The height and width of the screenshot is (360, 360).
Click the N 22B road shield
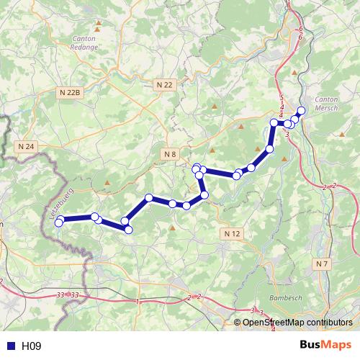[x=71, y=92]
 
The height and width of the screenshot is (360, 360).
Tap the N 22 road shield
[x=165, y=84]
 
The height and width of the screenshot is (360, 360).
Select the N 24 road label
[x=26, y=146]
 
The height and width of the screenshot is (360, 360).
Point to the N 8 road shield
[x=170, y=153]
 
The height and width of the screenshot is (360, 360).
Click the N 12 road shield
[x=231, y=234]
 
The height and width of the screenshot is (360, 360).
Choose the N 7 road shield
[x=322, y=264]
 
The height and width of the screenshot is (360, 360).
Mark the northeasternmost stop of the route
[x=302, y=110]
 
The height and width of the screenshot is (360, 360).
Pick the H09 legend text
[x=31, y=346]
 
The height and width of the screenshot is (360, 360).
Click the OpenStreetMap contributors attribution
[x=297, y=323]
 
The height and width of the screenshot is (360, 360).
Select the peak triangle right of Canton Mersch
[x=341, y=134]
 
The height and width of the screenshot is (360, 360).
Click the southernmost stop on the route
[x=129, y=230]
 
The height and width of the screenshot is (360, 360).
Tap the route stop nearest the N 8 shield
[x=196, y=168]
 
